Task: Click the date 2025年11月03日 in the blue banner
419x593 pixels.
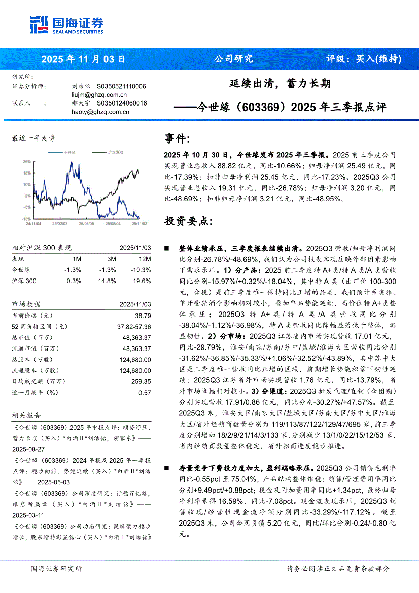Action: pyautogui.click(x=83, y=59)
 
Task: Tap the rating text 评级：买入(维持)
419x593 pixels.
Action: pyautogui.click(x=363, y=59)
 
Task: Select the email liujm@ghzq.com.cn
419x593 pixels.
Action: pyautogui.click(x=99, y=95)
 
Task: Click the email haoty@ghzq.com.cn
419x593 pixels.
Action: pyautogui.click(x=100, y=112)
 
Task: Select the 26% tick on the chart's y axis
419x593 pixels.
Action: pyautogui.click(x=26, y=162)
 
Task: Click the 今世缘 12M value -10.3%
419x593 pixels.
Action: pyautogui.click(x=143, y=269)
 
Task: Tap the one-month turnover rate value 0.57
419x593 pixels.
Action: pyautogui.click(x=145, y=392)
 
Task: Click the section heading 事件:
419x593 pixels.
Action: pyautogui.click(x=178, y=138)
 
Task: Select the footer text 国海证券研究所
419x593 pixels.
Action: pyautogui.click(x=55, y=569)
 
